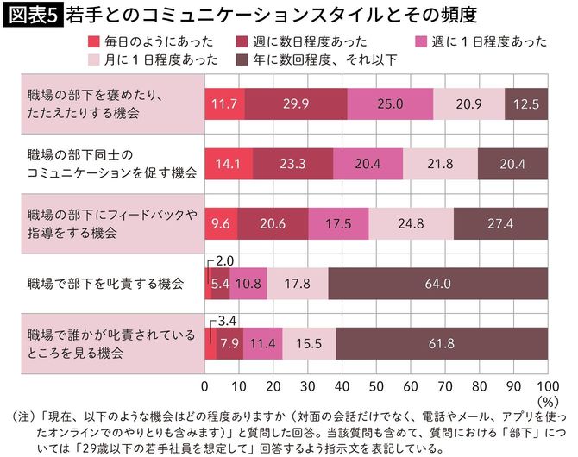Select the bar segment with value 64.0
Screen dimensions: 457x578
point(437,283)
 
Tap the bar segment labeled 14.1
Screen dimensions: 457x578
point(229,163)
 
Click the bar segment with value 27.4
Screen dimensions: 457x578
point(500,223)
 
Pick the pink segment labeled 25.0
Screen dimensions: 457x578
point(390,103)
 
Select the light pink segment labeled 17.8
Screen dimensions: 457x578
point(298,283)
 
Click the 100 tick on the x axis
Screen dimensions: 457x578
point(547,385)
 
